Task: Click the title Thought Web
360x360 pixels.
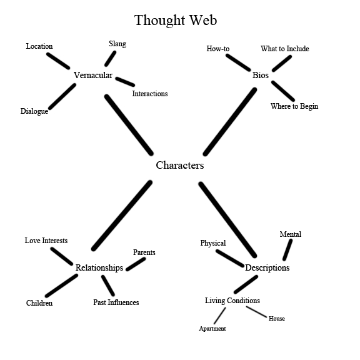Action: click(x=176, y=20)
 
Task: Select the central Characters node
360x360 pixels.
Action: click(x=179, y=166)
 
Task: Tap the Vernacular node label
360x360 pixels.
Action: click(x=92, y=76)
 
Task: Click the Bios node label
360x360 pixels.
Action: click(x=260, y=76)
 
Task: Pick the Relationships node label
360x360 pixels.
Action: click(x=99, y=267)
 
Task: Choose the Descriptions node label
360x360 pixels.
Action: click(x=267, y=267)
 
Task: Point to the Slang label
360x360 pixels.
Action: click(x=117, y=44)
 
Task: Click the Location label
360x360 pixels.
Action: click(x=39, y=46)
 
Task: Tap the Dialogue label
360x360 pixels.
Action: click(x=34, y=112)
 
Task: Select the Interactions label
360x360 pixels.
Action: click(x=149, y=94)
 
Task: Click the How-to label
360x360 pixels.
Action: click(x=218, y=49)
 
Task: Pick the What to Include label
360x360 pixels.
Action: click(x=284, y=49)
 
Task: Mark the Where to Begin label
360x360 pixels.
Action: click(x=294, y=106)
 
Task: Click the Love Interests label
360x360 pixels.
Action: click(x=46, y=241)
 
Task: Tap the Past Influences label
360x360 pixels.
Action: click(x=116, y=302)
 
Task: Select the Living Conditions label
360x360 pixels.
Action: click(x=232, y=301)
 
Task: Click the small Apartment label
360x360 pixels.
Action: click(x=212, y=329)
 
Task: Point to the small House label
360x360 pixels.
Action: click(x=276, y=319)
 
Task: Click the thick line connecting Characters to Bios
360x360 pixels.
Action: click(x=229, y=122)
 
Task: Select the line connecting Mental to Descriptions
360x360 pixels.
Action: click(x=287, y=249)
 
